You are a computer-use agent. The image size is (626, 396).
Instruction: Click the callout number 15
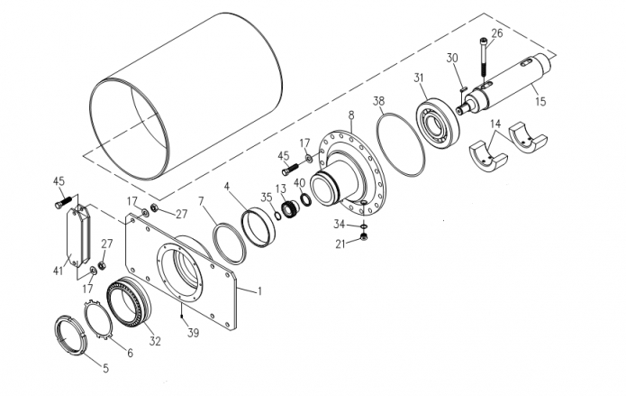tap(540, 101)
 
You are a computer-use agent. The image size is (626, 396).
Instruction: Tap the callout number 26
tap(496, 33)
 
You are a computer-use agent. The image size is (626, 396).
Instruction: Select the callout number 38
tap(378, 101)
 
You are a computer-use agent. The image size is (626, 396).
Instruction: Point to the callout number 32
tap(155, 341)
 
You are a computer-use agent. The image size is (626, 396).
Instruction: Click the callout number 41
tap(59, 271)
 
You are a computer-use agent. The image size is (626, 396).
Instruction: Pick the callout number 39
tap(194, 332)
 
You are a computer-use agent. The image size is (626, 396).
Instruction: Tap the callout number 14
tap(495, 124)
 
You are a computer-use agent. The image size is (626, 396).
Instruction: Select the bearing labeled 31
tap(438, 122)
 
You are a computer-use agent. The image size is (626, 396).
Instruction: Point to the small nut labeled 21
tap(363, 237)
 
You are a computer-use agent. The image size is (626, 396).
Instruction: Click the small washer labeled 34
tap(364, 226)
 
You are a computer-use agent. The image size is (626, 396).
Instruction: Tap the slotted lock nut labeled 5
tap(69, 336)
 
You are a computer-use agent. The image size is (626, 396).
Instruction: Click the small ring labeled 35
tap(277, 216)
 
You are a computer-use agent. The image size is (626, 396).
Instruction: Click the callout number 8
tap(351, 115)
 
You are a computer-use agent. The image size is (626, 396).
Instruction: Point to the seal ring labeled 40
tap(306, 199)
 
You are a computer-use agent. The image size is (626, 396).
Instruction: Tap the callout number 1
tap(259, 291)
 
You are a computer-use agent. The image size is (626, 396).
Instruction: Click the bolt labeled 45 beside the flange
tap(290, 169)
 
